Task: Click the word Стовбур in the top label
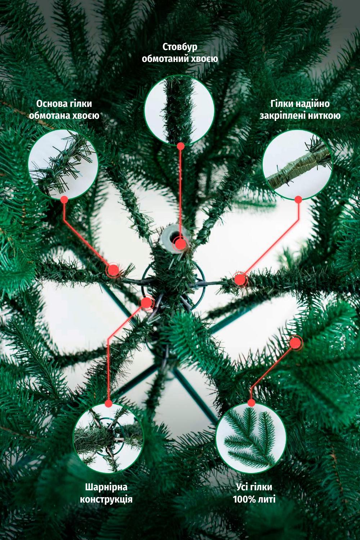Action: [x=180, y=47]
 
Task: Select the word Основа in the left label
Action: [x=50, y=104]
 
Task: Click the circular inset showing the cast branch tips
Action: [x=251, y=438]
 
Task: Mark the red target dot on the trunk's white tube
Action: [x=180, y=244]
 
